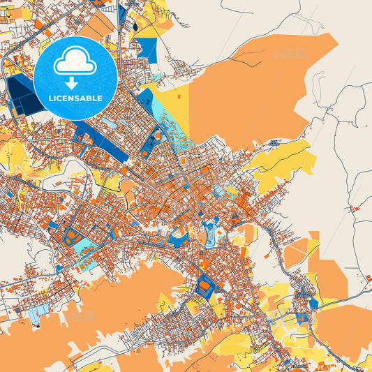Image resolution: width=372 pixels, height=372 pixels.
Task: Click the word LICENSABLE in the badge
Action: click(x=75, y=98)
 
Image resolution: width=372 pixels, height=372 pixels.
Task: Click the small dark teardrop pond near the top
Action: click(x=134, y=27)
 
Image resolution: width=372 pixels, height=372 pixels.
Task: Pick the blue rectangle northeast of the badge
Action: click(x=147, y=49)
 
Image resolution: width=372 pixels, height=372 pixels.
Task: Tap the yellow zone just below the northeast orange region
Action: click(x=283, y=159)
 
